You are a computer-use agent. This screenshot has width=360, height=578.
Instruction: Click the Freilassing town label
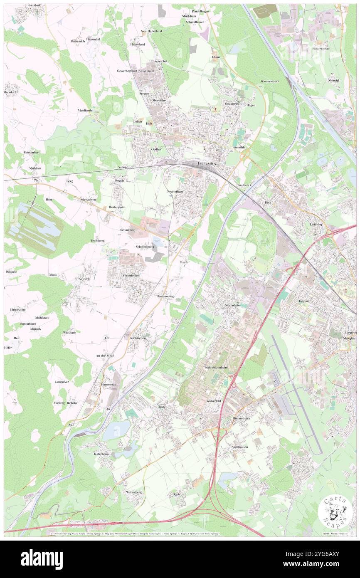(x=206, y=164)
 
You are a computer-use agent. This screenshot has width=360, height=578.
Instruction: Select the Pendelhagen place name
(x=200, y=11)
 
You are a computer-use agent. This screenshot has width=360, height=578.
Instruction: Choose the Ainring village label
(x=84, y=279)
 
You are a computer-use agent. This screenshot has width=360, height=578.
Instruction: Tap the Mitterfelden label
(x=131, y=275)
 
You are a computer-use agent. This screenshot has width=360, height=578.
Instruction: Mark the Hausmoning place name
(x=165, y=296)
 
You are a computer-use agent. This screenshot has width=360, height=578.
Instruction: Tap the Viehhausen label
(x=239, y=447)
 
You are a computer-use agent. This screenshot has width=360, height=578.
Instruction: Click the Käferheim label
(x=101, y=454)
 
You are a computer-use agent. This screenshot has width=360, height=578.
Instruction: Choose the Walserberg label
(x=134, y=492)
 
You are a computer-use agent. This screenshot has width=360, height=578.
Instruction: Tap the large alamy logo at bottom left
(x=42, y=559)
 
